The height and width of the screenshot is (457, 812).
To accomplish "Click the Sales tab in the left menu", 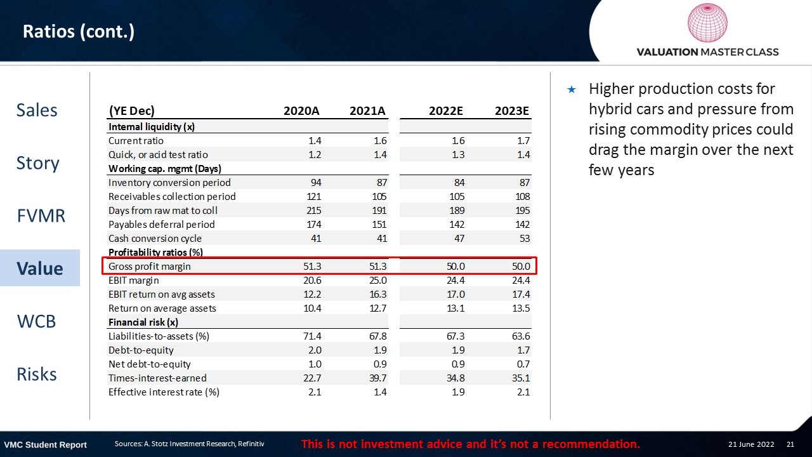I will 37,110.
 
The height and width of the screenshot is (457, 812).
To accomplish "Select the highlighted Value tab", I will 40,268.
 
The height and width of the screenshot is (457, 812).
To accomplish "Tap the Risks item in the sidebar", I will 37,374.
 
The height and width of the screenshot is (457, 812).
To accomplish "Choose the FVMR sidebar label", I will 41,216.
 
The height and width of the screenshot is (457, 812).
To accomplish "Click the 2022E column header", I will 446,111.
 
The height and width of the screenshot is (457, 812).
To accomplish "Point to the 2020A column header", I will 301,111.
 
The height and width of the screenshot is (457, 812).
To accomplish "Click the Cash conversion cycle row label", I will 155,239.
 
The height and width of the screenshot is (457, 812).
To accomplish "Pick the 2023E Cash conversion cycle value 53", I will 523,239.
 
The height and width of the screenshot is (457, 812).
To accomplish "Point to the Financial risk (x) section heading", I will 143,322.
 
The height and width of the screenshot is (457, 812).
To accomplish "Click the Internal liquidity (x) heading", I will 152,127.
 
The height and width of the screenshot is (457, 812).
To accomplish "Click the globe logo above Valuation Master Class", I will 707,23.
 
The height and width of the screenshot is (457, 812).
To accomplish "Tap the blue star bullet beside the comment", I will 572,89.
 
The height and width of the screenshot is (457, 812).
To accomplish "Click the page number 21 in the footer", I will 790,444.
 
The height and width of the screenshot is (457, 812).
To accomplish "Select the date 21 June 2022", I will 751,444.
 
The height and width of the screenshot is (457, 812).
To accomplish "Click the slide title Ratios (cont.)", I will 79,31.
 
